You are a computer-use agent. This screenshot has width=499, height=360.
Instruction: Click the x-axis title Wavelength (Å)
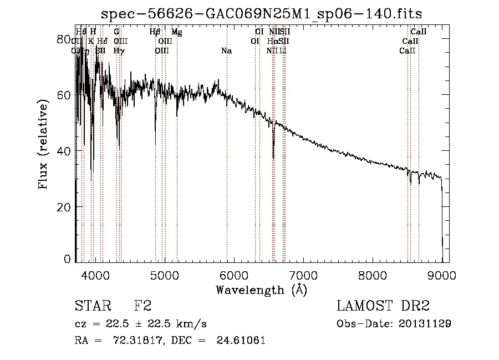tap(261, 290)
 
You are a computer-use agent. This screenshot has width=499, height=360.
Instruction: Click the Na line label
tap(226, 51)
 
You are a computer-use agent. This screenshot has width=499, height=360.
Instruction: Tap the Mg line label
tap(177, 32)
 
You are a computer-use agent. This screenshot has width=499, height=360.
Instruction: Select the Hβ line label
tap(155, 32)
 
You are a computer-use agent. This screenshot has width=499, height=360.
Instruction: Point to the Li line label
tap(283, 51)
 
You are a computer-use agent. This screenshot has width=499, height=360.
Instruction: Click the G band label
tap(116, 32)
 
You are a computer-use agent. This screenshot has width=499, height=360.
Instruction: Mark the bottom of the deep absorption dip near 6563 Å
tap(273, 158)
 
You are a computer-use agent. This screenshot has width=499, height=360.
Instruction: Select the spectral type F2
tap(143, 306)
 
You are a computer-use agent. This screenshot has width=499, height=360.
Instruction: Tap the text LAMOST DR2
tap(383, 306)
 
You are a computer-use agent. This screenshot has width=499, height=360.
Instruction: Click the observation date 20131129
tap(425, 324)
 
